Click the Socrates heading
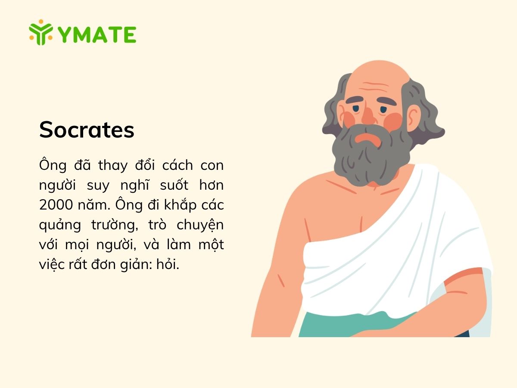click(x=87, y=130)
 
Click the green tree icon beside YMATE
click(x=41, y=32)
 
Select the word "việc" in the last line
click(x=50, y=265)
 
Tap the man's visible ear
click(x=414, y=116)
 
